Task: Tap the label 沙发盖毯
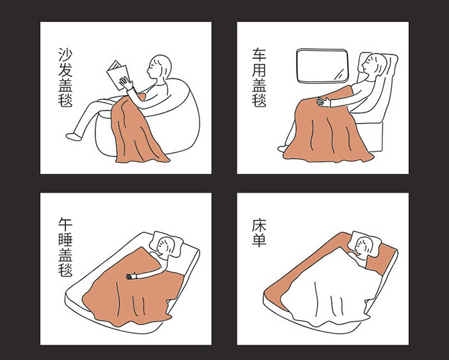[65, 77]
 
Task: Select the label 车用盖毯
[259, 77]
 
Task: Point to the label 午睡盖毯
[65, 248]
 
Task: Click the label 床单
[259, 233]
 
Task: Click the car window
[323, 66]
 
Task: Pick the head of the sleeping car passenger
[374, 65]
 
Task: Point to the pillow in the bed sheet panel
[365, 242]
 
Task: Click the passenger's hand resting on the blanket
[324, 101]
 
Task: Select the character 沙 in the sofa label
[65, 54]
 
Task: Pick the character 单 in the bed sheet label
[259, 240]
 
